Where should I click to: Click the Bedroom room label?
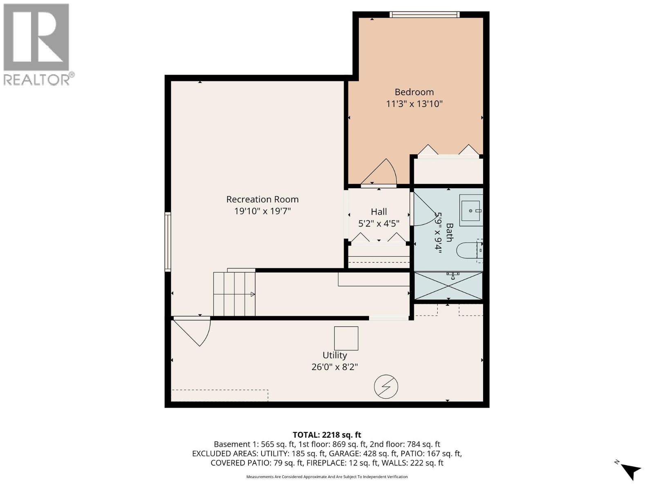(414, 92)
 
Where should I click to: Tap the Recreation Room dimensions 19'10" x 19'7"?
(262, 211)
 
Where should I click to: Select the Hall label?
(379, 212)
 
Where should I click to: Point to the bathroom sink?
(471, 211)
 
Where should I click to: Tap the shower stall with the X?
(448, 286)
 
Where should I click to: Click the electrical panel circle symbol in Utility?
(386, 386)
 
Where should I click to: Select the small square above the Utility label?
(346, 338)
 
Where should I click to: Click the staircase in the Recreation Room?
(234, 294)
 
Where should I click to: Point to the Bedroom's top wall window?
(424, 15)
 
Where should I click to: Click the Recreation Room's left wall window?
(168, 241)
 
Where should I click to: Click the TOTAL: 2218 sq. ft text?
(327, 435)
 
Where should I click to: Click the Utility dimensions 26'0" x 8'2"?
(334, 367)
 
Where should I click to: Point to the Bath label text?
(449, 232)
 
